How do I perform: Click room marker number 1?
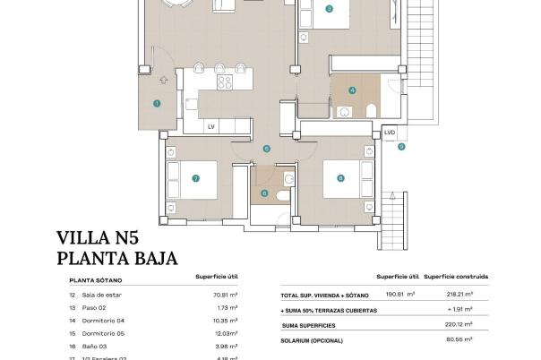coord(157,104)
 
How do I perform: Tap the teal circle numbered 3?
coord(330,9)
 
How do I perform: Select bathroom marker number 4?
coord(353,90)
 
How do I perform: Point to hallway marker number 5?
coord(266,149)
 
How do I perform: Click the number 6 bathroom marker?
coord(263,193)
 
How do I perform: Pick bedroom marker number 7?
coord(195,178)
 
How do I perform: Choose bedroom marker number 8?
coord(340,178)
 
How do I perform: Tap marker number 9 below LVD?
coord(401,146)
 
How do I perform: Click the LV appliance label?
coord(211,127)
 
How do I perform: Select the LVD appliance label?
coord(389,133)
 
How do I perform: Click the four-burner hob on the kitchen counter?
coord(225,82)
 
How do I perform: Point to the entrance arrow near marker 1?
coord(164,80)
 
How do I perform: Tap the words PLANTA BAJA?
coord(116,260)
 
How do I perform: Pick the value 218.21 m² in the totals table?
coord(460,294)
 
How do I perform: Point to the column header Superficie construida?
coord(460,277)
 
